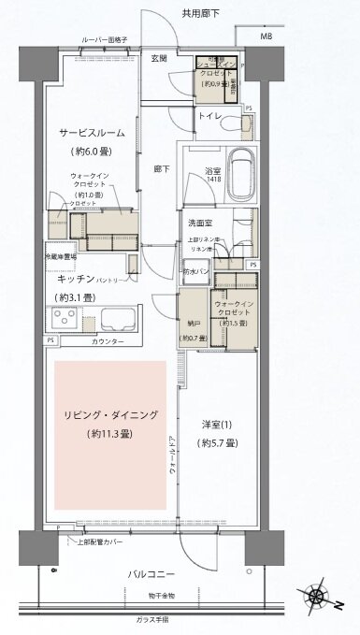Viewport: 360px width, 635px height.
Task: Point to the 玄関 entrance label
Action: pos(158,58)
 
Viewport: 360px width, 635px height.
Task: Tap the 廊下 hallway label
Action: pos(159,171)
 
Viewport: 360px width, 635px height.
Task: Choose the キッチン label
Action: pos(74,279)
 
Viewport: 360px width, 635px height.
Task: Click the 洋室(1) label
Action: pos(216,426)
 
